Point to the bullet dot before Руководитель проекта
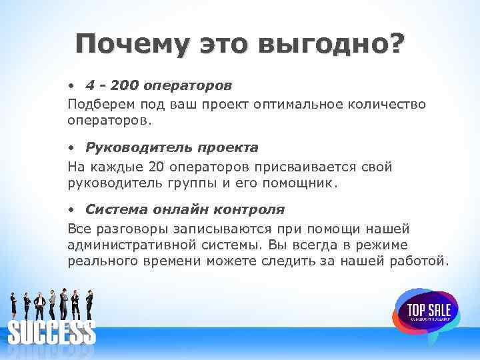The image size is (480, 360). coord(71,147)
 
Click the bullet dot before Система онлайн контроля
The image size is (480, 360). coord(71,210)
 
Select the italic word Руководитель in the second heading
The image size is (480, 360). coord(130,147)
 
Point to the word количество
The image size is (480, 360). coord(389,104)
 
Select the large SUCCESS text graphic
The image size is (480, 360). coord(51,332)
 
